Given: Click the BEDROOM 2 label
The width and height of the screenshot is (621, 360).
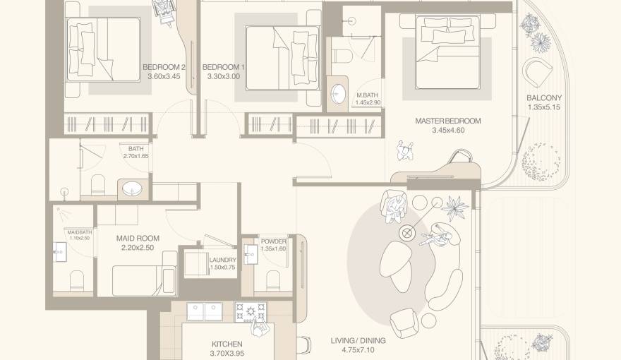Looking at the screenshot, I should pos(164,68).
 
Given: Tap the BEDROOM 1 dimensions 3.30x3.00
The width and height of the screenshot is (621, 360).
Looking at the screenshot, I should pos(224,77).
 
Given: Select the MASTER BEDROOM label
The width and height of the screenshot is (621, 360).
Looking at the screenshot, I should pos(447,121).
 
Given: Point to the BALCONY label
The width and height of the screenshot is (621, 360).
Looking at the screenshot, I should pos(544,98).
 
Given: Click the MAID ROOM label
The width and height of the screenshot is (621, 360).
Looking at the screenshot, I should pos(138,239).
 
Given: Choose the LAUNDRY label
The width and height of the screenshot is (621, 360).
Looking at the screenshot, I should pos(223,260).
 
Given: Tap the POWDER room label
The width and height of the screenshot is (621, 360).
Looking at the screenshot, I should pos(273,241).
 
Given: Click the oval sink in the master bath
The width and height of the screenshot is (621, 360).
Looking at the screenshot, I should pos(339,94).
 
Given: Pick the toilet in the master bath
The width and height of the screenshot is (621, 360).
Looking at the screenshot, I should pos(344,51).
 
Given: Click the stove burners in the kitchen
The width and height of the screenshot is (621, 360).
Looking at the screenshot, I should pos(250,310).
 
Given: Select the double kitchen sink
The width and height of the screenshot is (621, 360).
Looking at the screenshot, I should pos(204,311).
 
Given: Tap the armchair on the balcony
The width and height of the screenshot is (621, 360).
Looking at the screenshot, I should pos(538,71).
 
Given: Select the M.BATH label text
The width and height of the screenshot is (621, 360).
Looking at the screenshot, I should pos(368,95).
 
